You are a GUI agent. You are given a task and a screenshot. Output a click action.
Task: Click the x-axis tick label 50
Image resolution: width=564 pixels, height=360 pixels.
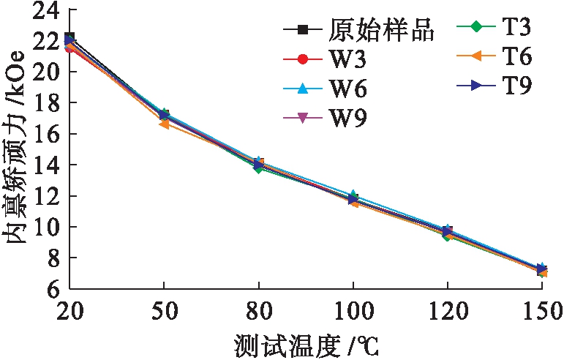pyautogui.click(x=164, y=311)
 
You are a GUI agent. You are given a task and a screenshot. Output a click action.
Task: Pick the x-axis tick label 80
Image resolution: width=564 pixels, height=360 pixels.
pyautogui.click(x=258, y=311)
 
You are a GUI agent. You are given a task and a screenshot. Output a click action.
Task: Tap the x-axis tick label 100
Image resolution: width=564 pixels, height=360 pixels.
pyautogui.click(x=353, y=311)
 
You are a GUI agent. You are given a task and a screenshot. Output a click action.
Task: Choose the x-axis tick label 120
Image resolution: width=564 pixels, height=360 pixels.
pyautogui.click(x=448, y=311)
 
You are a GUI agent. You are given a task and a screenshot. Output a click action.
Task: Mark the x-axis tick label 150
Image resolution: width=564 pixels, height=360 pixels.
pyautogui.click(x=541, y=311)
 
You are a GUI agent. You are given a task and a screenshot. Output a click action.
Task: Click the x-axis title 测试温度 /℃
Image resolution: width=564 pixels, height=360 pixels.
pyautogui.click(x=307, y=343)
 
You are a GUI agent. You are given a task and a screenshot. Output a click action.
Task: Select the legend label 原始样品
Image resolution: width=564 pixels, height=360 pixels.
pyautogui.click(x=382, y=30)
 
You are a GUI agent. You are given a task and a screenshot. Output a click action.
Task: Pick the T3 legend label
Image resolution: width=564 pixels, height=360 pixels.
pyautogui.click(x=516, y=28)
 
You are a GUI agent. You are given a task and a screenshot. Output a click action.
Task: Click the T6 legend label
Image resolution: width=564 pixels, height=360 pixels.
pyautogui.click(x=516, y=56)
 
